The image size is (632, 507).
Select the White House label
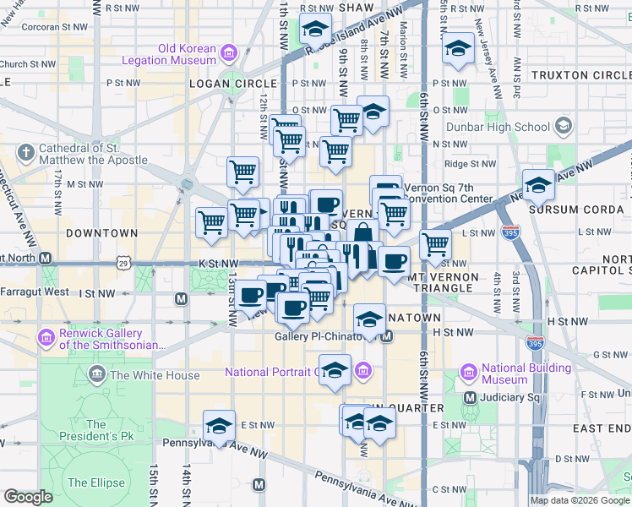[155, 375]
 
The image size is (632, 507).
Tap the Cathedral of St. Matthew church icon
[26, 153]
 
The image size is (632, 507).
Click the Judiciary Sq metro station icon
[470, 396]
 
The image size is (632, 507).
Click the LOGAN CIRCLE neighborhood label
[233, 84]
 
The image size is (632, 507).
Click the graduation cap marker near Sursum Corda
[538, 184]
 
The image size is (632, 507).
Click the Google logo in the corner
[28, 496]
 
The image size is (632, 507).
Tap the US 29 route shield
[123, 264]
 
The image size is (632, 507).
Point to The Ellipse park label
[95, 482]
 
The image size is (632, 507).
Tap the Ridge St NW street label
[469, 164]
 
